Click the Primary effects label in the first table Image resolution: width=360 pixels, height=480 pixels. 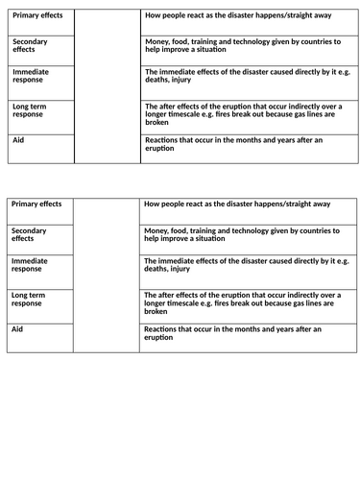36,15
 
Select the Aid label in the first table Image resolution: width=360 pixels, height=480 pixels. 18,140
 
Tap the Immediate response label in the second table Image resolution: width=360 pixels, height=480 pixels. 30,264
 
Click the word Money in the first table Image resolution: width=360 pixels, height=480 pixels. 157,43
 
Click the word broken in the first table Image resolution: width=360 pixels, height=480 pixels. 158,122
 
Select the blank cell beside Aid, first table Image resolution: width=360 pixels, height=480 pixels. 106,149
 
